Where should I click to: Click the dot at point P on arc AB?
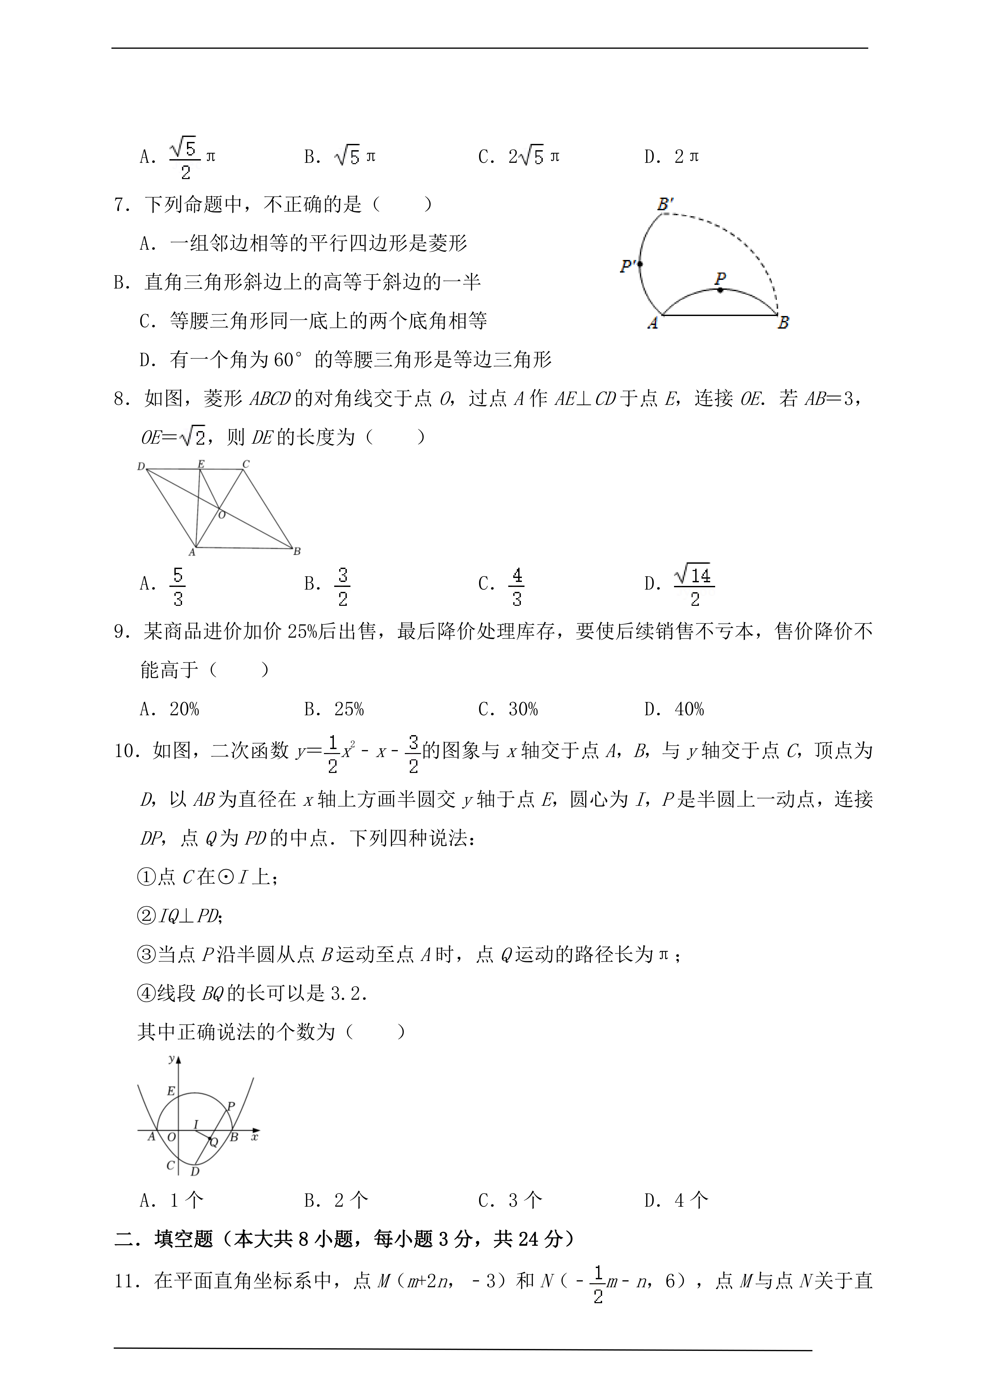(720, 290)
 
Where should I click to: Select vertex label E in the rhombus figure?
(201, 464)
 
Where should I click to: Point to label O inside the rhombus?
(222, 515)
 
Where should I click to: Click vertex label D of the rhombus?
(141, 466)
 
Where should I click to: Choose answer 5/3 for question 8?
(177, 587)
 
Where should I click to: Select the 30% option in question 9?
(523, 709)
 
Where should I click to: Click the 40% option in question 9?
(689, 709)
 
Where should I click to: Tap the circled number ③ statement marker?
(147, 954)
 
